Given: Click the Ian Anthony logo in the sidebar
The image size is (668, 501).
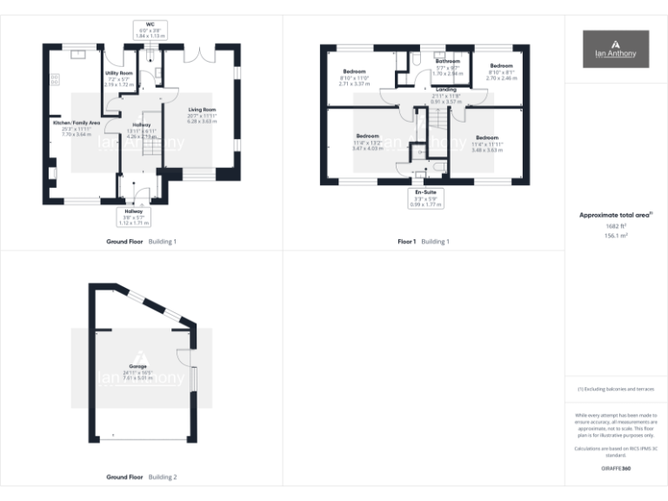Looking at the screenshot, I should click(615, 49).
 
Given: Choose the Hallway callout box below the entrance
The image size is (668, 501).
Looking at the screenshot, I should click(133, 217).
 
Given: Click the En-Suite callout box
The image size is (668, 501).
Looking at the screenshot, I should click(426, 197).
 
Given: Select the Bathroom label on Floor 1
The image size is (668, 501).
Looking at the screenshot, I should click(447, 62).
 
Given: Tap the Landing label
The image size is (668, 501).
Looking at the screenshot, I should click(447, 89).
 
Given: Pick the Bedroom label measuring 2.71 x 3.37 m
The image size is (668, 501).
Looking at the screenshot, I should click(354, 71).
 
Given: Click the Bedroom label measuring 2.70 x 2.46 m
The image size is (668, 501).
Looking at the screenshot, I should click(500, 66).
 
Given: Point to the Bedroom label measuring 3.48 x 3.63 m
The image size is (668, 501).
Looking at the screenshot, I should click(486, 138).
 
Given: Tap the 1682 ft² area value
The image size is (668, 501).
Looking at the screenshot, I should click(615, 225).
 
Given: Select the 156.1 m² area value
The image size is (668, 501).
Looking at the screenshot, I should click(615, 235).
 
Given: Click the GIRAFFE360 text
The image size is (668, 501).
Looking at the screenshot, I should click(615, 469).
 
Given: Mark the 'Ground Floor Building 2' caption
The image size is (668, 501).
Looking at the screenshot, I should click(141, 478).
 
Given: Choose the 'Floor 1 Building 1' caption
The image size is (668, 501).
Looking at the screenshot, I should click(424, 241).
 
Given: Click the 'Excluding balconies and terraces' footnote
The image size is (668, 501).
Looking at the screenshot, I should click(615, 389).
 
